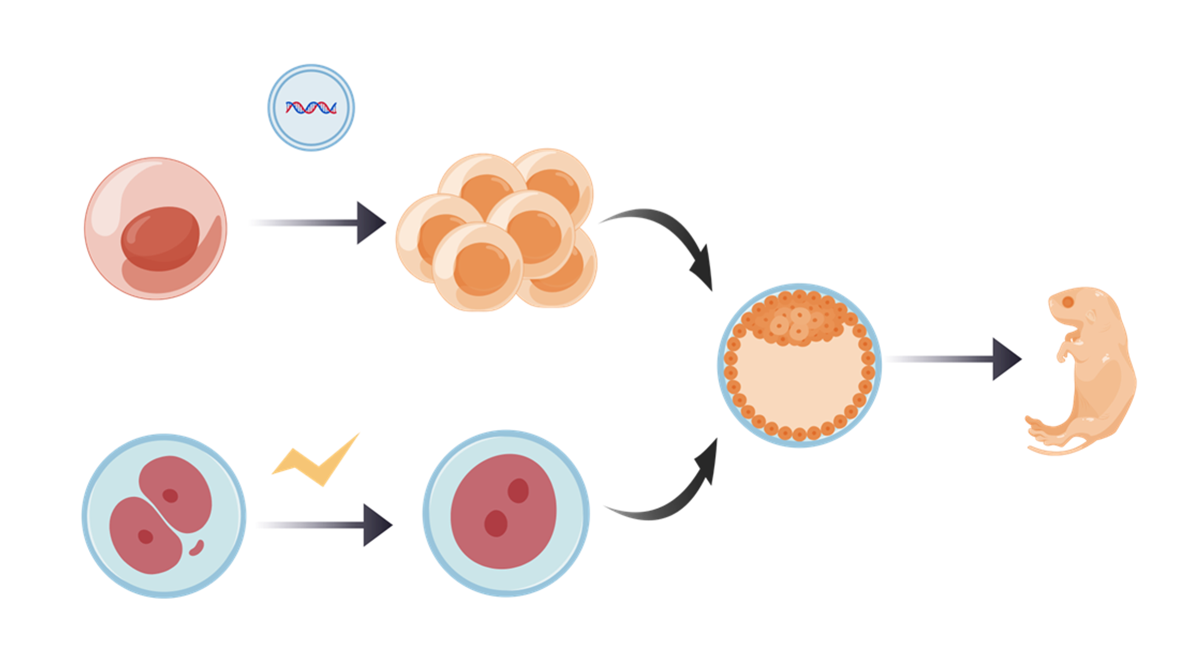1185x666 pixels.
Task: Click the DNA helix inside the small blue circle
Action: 311,108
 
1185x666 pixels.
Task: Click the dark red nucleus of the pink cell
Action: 160,238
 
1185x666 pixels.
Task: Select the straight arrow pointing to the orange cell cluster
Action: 335,223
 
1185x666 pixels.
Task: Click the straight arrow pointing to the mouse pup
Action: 967,359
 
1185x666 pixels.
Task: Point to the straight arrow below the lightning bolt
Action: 340,525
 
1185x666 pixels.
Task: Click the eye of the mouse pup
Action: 1067,302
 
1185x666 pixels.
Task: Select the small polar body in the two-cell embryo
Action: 197,548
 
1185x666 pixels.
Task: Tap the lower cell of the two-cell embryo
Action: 144,535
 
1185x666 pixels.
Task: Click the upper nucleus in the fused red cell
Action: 518,490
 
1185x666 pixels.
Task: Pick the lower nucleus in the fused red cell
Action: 496,523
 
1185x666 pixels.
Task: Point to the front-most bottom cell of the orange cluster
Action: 478,267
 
